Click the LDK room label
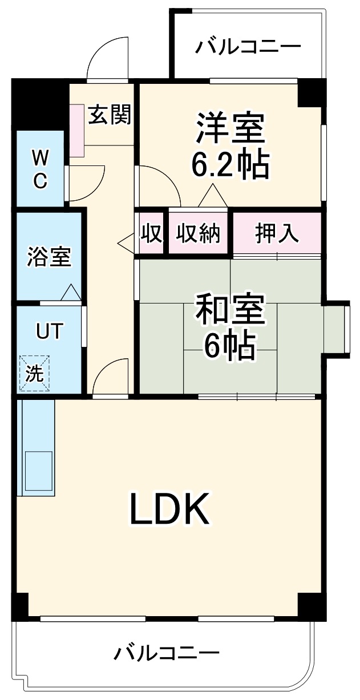coord(169,509)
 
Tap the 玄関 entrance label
coord(110,116)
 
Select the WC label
coord(39,168)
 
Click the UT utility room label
coord(48,331)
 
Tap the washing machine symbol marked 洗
coord(35,374)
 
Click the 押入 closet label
coord(277,233)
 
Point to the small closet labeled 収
coord(152,233)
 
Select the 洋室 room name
coord(230,130)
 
